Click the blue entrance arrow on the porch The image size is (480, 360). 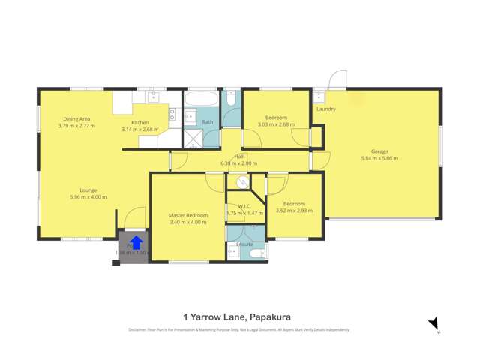[136, 242]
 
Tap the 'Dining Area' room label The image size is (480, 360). [76, 119]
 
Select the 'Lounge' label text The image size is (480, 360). [88, 190]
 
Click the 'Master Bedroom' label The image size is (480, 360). [187, 216]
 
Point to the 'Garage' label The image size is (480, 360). [379, 151]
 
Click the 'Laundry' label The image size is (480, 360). [326, 109]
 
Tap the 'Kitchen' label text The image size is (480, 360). [140, 122]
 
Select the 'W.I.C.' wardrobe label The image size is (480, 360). [244, 206]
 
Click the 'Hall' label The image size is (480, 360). [238, 156]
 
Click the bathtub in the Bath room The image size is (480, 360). [201, 98]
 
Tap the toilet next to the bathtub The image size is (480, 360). [231, 97]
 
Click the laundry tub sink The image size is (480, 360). [319, 95]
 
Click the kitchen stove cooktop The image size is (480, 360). [172, 114]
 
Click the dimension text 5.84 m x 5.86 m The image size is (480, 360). [379, 158]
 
